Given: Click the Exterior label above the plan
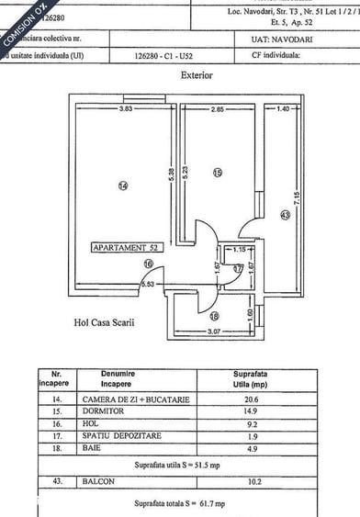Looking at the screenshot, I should point(197,75).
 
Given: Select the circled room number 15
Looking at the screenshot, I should point(218,172).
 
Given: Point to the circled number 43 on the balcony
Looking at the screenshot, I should point(285,216).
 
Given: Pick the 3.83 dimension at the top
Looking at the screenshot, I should point(127,109).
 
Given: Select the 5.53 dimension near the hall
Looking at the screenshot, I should point(147,285).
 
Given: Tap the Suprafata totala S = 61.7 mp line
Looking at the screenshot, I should point(178,504).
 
